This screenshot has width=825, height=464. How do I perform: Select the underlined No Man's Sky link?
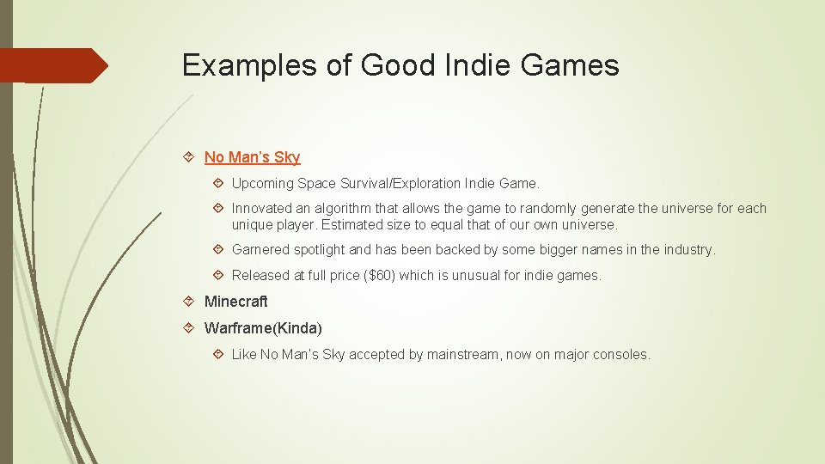click(x=252, y=157)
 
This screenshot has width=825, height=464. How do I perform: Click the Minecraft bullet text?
click(x=235, y=302)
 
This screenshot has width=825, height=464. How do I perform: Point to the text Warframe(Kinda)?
click(x=263, y=328)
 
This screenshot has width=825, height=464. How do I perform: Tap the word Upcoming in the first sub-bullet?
click(x=262, y=184)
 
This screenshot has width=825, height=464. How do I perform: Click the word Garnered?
click(x=260, y=250)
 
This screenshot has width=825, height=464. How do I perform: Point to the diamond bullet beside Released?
click(x=218, y=276)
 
